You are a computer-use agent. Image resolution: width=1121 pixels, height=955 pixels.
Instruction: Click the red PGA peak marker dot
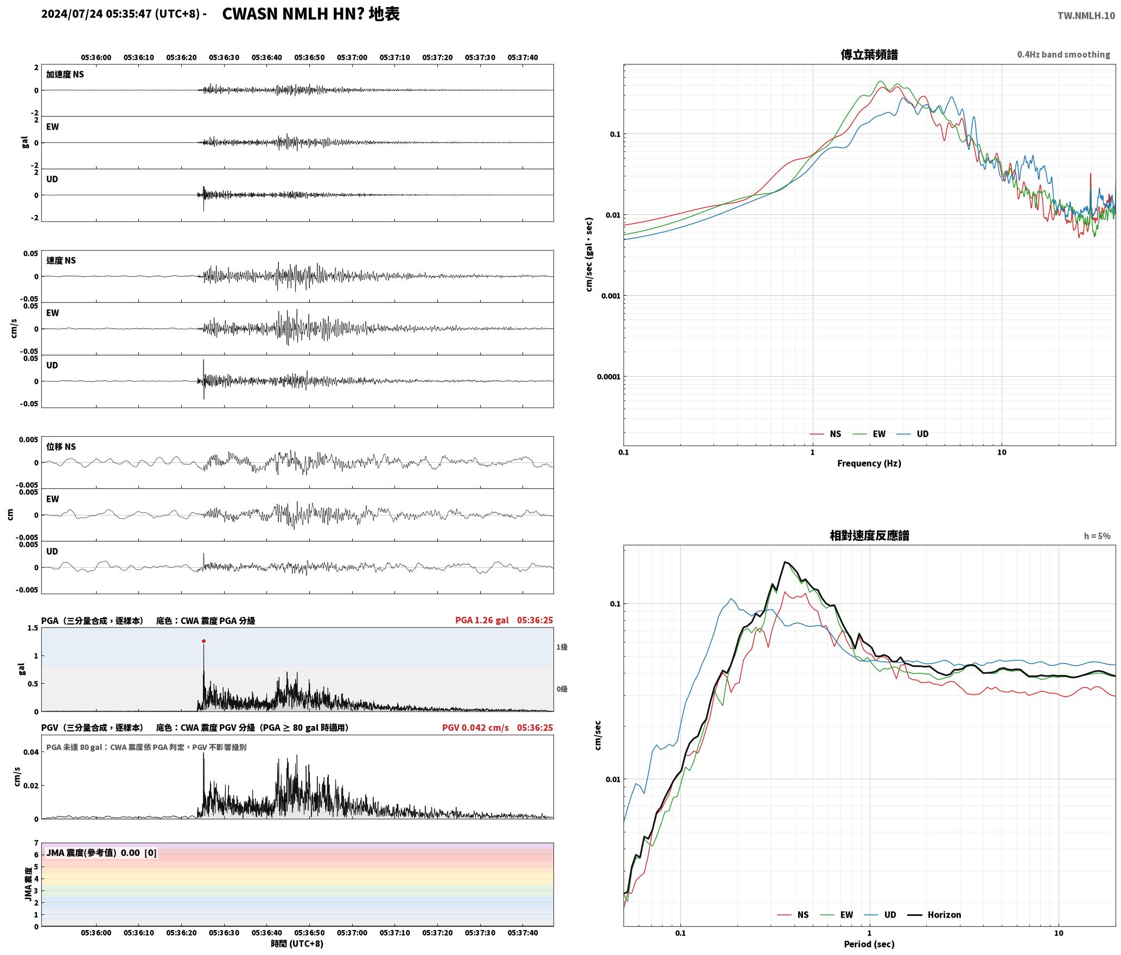(x=203, y=641)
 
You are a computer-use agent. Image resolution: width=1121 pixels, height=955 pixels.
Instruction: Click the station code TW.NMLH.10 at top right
(x=1086, y=16)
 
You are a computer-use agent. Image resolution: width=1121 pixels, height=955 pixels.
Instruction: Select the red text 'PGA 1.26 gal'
(x=482, y=620)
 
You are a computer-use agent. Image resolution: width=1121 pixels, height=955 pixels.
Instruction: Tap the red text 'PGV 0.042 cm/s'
(x=475, y=728)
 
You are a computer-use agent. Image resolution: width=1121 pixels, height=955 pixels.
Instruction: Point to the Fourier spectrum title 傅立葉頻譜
(x=869, y=54)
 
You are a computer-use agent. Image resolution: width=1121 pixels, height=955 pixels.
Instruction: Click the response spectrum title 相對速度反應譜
(x=869, y=535)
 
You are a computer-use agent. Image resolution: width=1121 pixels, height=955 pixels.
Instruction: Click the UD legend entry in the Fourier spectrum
(x=913, y=434)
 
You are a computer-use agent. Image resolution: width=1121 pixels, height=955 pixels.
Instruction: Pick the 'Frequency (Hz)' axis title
(x=869, y=463)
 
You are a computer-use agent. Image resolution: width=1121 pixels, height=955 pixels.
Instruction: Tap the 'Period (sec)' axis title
(x=869, y=944)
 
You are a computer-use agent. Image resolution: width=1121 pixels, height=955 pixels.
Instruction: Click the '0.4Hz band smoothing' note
(x=1063, y=54)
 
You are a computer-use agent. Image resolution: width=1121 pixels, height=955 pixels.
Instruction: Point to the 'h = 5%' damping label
(x=1097, y=536)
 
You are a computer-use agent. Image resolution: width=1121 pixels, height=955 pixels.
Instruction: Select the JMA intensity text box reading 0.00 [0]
(x=101, y=852)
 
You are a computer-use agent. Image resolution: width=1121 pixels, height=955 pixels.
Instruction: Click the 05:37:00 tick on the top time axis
(x=352, y=57)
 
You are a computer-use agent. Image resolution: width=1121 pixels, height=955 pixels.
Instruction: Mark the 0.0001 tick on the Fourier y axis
(x=608, y=377)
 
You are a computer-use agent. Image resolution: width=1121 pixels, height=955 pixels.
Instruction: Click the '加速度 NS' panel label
(x=65, y=74)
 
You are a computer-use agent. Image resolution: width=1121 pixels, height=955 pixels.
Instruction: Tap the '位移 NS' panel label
(x=61, y=447)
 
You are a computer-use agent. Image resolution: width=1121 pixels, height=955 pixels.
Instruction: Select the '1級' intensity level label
(x=562, y=647)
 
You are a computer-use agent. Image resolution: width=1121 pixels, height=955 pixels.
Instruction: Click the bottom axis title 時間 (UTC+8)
(x=297, y=944)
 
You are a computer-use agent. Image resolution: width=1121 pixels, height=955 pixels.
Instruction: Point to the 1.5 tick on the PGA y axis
(x=33, y=628)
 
